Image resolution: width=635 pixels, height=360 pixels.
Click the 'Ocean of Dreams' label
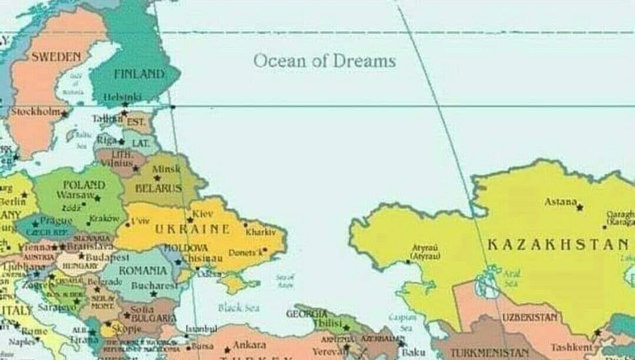(x=324, y=61)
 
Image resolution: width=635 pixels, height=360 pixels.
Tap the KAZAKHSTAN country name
(x=558, y=245)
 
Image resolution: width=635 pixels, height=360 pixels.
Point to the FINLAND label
(x=138, y=74)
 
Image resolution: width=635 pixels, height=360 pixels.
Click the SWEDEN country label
(x=56, y=57)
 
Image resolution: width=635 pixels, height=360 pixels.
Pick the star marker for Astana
(x=580, y=207)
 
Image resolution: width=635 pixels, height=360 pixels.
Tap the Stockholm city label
(x=35, y=112)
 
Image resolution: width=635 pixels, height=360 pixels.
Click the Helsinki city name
(x=122, y=97)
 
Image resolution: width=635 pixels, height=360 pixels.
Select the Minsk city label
(x=166, y=169)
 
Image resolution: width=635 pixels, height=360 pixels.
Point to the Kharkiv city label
(x=260, y=232)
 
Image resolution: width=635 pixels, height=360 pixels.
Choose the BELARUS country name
(x=158, y=189)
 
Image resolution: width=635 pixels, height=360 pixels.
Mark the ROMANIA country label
(x=143, y=271)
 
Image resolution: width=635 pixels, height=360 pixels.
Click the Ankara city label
(x=249, y=345)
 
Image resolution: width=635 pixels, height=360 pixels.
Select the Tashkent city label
(x=571, y=347)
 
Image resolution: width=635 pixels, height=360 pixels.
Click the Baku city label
(x=413, y=353)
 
